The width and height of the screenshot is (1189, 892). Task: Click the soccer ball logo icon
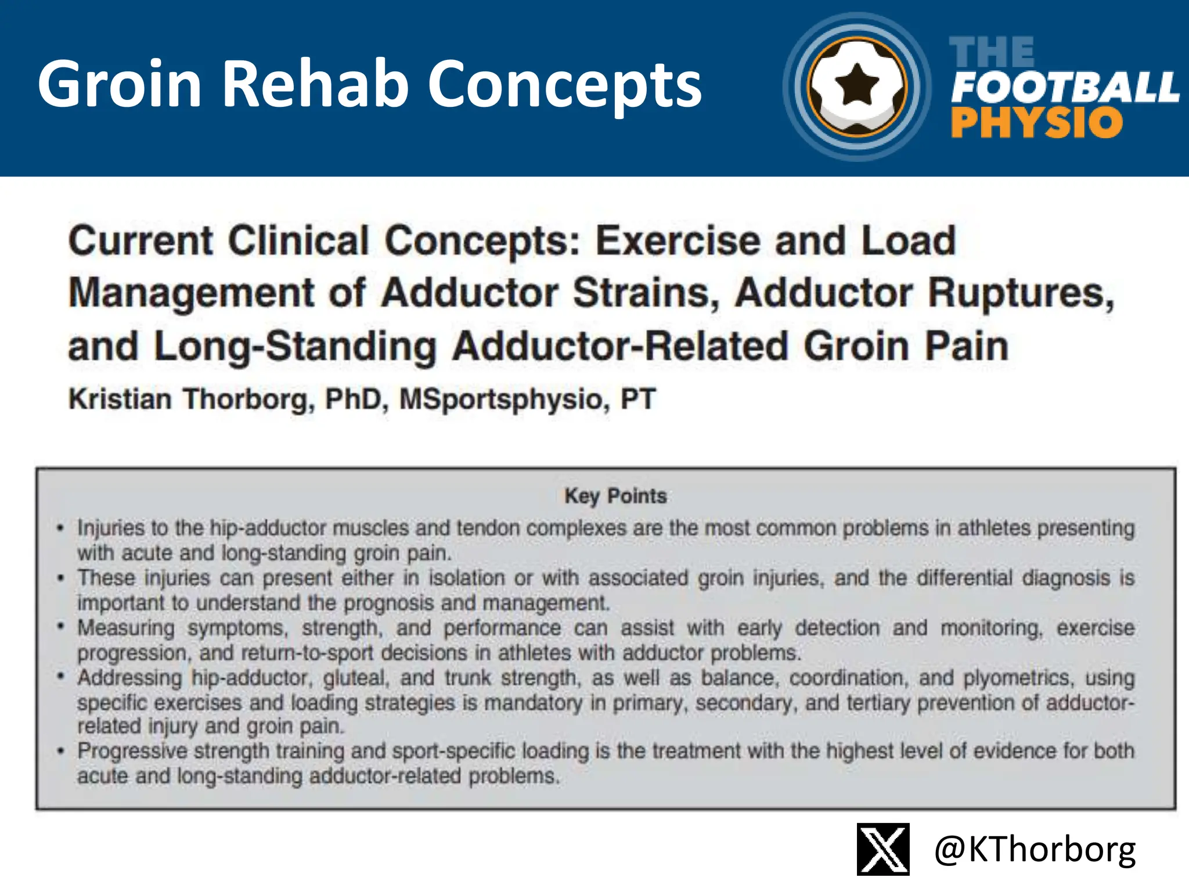coord(857,87)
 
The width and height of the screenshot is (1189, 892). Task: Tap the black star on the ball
coord(856,85)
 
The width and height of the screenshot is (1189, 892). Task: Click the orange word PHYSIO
coord(1037,123)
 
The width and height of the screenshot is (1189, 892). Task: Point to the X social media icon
coord(883,849)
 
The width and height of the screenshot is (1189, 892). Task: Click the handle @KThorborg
coord(1035,850)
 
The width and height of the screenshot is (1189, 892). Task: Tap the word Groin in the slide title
coord(120,84)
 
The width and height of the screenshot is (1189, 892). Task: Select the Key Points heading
coord(615,496)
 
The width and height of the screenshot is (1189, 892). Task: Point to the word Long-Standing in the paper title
coord(295,346)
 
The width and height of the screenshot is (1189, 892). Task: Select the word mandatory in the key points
coord(533,703)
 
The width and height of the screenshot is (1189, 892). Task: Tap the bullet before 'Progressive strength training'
coord(60,751)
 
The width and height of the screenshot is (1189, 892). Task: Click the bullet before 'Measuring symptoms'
coord(60,627)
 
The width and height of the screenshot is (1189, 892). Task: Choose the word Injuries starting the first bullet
coord(111,528)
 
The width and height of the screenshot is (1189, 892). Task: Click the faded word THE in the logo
coord(992,52)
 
